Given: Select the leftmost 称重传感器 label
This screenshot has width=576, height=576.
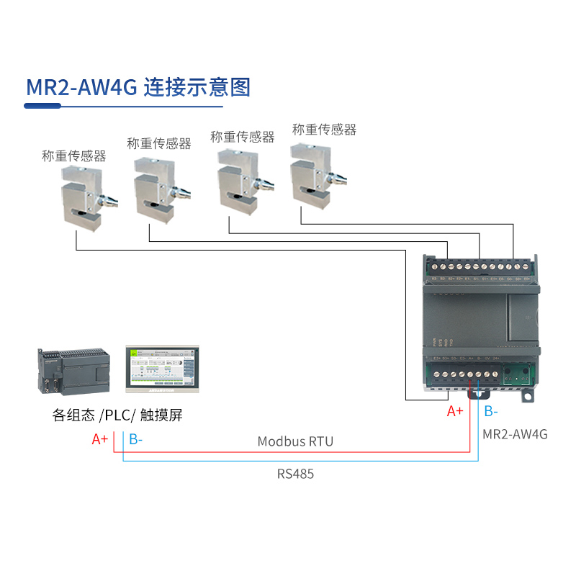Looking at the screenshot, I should pyautogui.click(x=74, y=156).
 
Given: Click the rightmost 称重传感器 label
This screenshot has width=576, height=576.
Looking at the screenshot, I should pyautogui.click(x=324, y=130).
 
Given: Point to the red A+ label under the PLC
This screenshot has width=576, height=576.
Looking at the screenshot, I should pyautogui.click(x=100, y=439).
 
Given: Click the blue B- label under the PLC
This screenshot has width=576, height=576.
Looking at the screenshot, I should pyautogui.click(x=135, y=439).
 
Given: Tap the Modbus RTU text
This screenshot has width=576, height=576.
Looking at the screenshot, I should pyautogui.click(x=295, y=441).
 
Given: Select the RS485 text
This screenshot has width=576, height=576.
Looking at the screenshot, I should pyautogui.click(x=295, y=474).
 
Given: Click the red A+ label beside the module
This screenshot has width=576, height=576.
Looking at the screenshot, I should pyautogui.click(x=455, y=411).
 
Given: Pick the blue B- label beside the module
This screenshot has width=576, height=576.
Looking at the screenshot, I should pyautogui.click(x=490, y=411).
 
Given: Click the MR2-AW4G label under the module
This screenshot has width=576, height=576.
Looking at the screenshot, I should pyautogui.click(x=515, y=434).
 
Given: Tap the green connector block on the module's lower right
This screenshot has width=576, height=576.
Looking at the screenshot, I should pyautogui.click(x=516, y=375).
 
